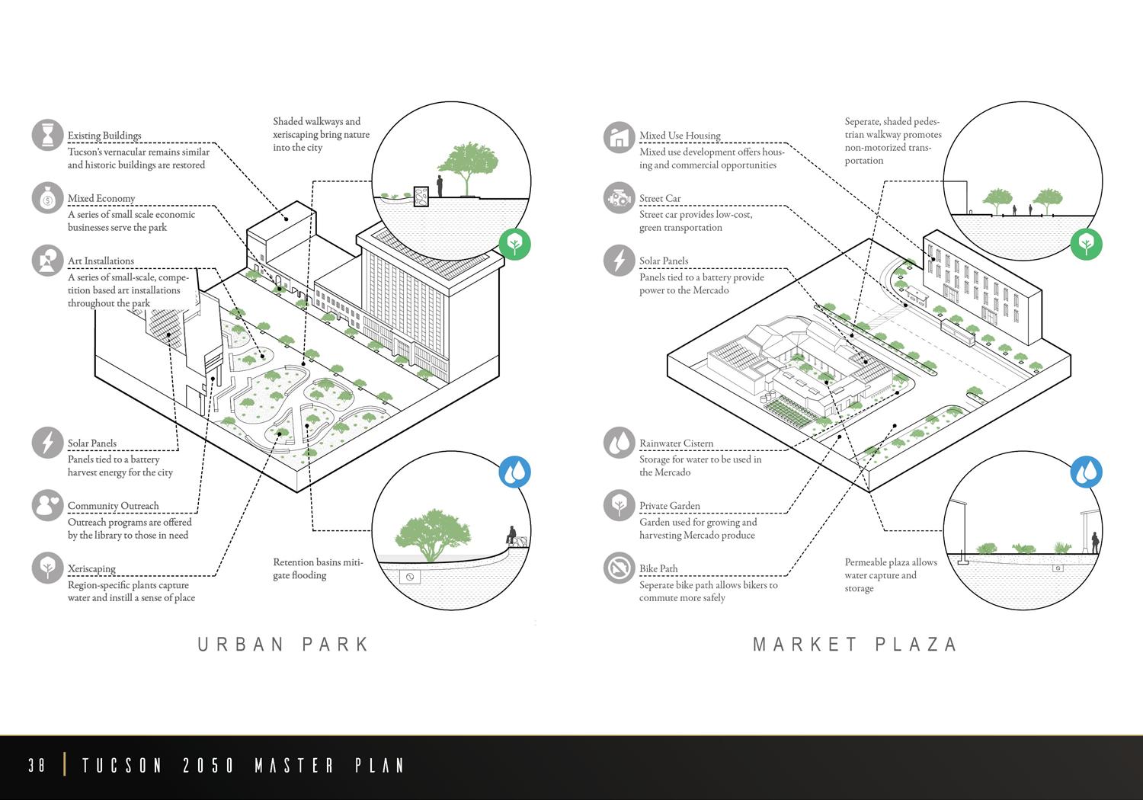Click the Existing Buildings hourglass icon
point(47,135)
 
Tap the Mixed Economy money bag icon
point(47,198)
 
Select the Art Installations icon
point(47,261)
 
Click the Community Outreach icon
point(47,505)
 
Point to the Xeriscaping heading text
point(91,568)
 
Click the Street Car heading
point(660,198)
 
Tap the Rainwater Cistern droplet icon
point(619,443)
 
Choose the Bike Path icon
point(619,568)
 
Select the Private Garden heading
point(669,506)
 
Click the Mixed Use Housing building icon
point(619,137)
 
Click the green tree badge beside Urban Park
point(514,244)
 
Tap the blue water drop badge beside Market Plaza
point(1086,472)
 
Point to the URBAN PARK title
point(283,645)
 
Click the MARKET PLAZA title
point(855,645)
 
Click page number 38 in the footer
point(37,765)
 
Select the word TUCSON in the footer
point(122,765)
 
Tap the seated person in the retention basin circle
point(512,535)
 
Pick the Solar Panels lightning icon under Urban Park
point(47,443)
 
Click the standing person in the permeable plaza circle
point(1095,542)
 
